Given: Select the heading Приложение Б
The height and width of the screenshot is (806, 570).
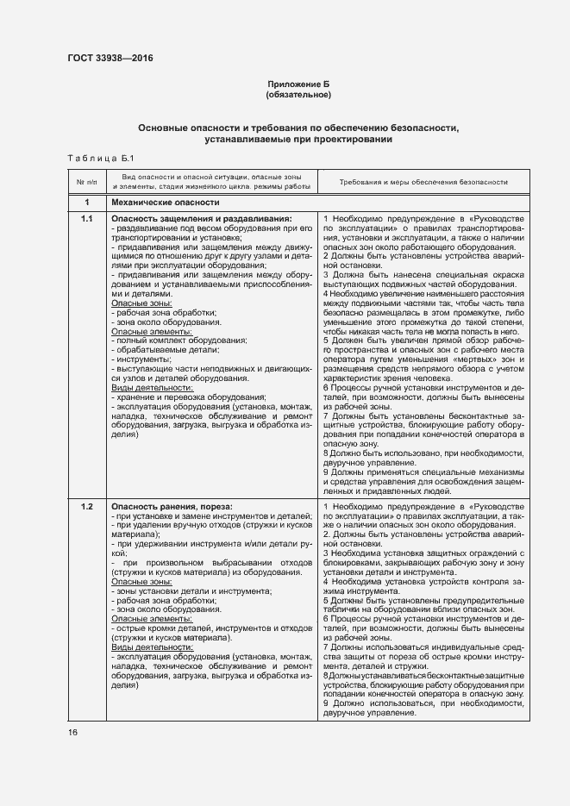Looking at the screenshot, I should tap(298, 84).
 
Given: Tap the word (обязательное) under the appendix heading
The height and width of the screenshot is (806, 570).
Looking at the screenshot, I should tap(298, 94).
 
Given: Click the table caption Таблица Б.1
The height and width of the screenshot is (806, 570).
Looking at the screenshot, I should tap(101, 158).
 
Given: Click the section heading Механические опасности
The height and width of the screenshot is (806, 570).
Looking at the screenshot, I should tap(166, 203).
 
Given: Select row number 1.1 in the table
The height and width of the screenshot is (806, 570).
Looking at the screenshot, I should tap(86, 220).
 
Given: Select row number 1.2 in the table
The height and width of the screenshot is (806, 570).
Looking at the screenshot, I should tap(86, 505).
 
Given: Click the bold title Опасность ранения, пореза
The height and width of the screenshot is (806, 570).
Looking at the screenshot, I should tap(172, 505).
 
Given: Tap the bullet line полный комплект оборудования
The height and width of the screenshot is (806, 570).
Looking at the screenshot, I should tap(169, 341).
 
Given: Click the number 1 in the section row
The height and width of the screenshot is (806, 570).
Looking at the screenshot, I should tap(86, 203).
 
